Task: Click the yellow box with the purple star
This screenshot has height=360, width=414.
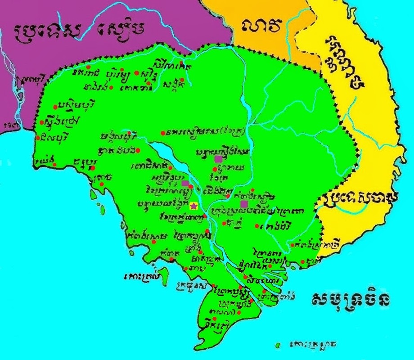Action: click(x=194, y=206)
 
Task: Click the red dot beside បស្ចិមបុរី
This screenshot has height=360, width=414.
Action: click(x=55, y=107)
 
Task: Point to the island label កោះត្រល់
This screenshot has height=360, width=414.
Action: click(x=137, y=275)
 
